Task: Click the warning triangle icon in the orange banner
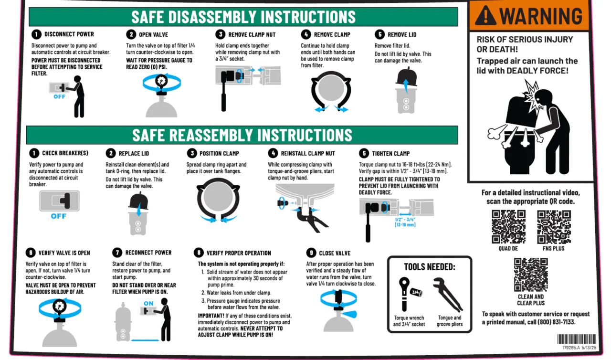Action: coord(485,16)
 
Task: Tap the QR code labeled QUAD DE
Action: coord(508,226)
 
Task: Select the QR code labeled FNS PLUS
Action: coord(554,226)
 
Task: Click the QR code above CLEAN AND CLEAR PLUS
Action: coord(531,275)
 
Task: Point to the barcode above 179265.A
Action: coord(576,339)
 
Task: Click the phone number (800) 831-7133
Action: coord(557,322)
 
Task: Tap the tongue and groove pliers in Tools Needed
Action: coord(448,295)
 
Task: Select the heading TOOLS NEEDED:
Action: coord(430,267)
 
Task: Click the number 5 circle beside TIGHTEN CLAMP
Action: coord(364,153)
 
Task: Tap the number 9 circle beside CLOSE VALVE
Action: coord(311,253)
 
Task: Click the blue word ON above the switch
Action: coord(148,303)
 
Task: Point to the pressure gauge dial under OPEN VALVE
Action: coord(161,81)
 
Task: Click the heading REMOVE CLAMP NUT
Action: coord(252,35)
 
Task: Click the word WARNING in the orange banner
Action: coord(541,16)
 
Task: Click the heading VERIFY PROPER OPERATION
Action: coord(239,253)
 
